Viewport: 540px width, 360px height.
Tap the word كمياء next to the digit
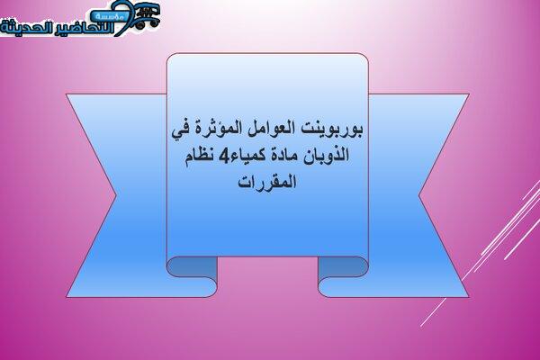pyautogui.click(x=244, y=156)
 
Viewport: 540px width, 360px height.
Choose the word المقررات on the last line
pyautogui.click(x=267, y=182)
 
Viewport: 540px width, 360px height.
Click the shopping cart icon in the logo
pyautogui.click(x=148, y=15)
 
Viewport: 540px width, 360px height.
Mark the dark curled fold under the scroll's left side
pyautogui.click(x=192, y=267)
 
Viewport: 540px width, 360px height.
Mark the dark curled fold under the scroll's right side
pyautogui.click(x=343, y=267)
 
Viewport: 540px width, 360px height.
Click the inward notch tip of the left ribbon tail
pyautogui.click(x=116, y=195)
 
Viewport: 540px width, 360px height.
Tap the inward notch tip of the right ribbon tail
pyautogui.click(x=419, y=195)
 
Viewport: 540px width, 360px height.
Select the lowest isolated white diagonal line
pyautogui.click(x=432, y=312)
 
